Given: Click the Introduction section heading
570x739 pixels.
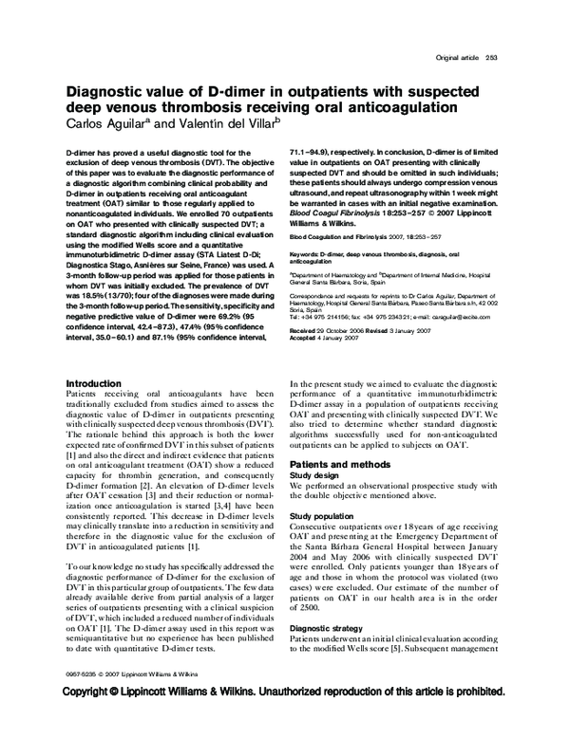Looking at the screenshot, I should (x=93, y=384).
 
